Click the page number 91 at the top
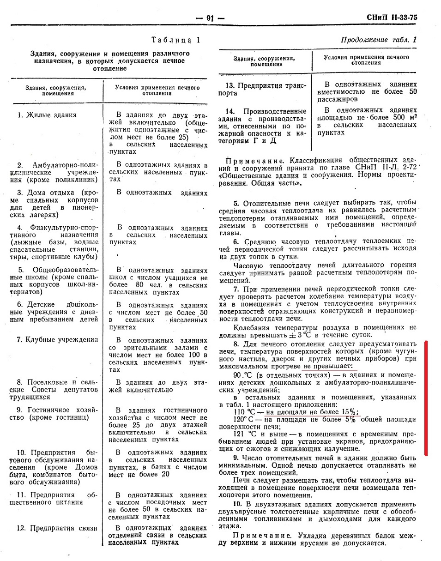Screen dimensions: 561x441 click(210, 18)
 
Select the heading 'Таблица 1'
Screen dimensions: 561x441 click(176, 40)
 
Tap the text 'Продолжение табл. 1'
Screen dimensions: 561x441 click(378, 40)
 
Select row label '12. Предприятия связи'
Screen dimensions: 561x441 click(56, 528)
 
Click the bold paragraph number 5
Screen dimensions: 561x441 click(236, 203)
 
